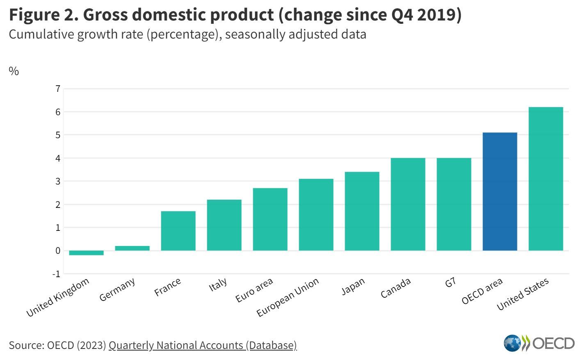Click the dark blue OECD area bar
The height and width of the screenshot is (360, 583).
(500, 191)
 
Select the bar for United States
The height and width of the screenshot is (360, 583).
(546, 179)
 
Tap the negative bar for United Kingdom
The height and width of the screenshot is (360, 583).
(86, 253)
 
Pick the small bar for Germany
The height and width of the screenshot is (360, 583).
(132, 248)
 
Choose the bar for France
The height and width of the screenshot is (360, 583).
(178, 231)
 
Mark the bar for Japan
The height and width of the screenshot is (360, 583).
(362, 211)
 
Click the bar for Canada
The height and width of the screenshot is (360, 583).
(408, 204)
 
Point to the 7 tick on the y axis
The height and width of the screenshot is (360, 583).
(57, 89)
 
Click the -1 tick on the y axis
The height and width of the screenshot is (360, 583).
(56, 273)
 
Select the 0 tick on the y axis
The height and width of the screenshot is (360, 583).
(57, 251)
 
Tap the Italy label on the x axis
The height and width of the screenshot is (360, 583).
(218, 284)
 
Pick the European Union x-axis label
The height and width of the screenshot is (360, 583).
(288, 297)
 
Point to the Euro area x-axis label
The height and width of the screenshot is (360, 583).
(254, 290)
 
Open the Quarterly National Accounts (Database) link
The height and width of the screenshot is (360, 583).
(202, 345)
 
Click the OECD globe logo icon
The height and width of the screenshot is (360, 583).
(512, 343)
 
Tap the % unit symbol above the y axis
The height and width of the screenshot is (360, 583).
(14, 71)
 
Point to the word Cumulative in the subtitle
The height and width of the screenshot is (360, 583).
(41, 34)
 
